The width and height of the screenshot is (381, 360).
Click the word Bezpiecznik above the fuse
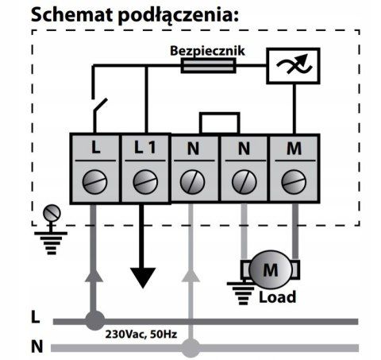[207, 51]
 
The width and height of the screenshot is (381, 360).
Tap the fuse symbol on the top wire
[209, 65]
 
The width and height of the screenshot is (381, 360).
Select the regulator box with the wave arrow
[293, 66]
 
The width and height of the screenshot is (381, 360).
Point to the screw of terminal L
[94, 182]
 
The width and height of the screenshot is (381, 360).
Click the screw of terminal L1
[145, 182]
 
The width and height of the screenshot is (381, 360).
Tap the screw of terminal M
[294, 182]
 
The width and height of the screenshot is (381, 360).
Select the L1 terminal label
[145, 147]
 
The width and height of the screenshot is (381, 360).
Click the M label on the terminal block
[294, 149]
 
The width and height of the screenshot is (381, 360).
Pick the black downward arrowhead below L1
[143, 277]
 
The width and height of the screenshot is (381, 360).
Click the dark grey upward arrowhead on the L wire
[94, 276]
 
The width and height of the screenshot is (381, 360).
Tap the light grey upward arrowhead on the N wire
[190, 276]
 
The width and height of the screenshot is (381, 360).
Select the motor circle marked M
[271, 270]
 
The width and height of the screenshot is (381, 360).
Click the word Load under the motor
[277, 297]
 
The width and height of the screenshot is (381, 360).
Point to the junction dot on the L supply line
[94, 321]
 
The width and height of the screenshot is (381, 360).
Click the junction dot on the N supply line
[190, 348]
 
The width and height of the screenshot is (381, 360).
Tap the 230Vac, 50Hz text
[141, 335]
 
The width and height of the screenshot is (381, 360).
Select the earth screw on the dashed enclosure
[52, 213]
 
